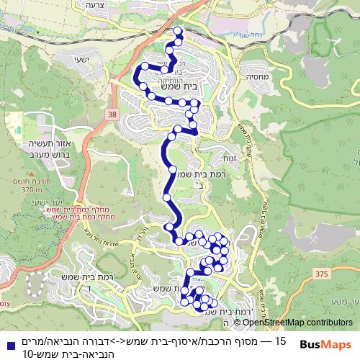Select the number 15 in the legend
pos(281,339)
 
